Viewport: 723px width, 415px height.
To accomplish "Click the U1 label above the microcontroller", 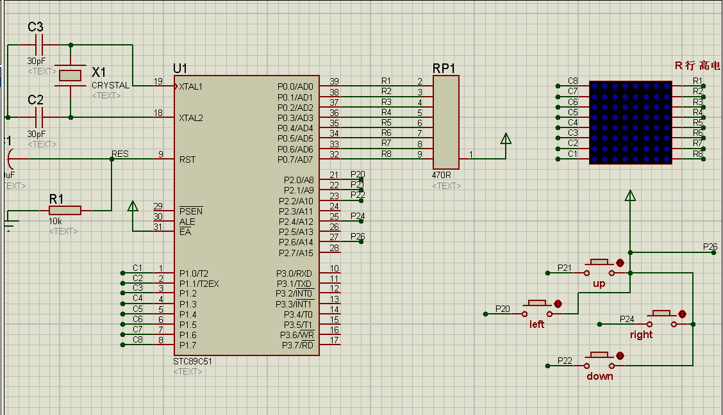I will tap(180, 69).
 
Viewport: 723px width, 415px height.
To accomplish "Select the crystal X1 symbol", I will tap(70, 76).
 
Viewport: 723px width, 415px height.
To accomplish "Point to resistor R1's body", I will tap(65, 210).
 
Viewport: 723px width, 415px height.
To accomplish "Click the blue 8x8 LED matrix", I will tap(630, 122).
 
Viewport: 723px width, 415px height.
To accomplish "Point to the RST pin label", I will tap(187, 159).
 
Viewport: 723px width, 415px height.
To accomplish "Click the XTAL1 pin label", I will tap(191, 86).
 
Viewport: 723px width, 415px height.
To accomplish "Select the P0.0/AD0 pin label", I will tap(295, 86).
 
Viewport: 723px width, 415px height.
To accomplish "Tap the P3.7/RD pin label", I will tap(297, 346).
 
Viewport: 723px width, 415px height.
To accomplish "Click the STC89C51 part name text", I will tap(192, 361).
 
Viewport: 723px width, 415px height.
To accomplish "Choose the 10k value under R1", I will tap(56, 221).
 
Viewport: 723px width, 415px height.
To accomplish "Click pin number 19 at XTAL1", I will tap(158, 81).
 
